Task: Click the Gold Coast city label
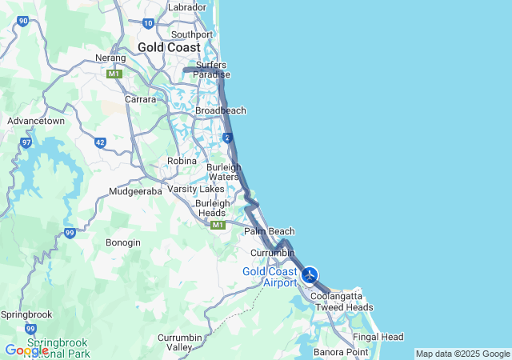coord(169,48)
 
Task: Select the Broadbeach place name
coord(221,110)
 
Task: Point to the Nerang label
coord(111,58)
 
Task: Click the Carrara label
coord(140,99)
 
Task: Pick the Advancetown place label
coord(35,121)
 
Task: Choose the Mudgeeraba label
coord(136,191)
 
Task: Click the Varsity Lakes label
coord(196,190)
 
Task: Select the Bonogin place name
coord(123,242)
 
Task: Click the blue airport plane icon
coord(310,275)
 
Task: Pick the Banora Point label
coord(341,352)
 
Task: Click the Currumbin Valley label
coord(186,342)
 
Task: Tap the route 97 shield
coord(26,142)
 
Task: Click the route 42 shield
coord(100,142)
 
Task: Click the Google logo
coord(26,350)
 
